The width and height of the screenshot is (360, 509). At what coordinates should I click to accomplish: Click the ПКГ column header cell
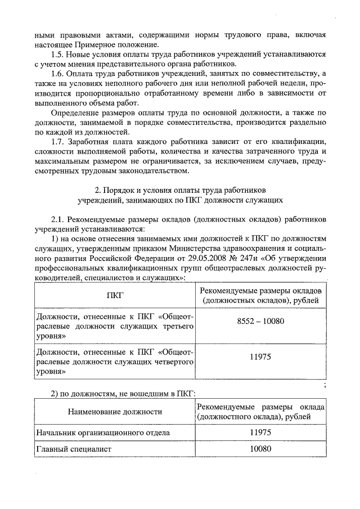115,295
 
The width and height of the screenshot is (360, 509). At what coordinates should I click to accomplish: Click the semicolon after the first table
325,385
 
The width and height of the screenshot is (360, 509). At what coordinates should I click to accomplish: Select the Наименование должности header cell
115,412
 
